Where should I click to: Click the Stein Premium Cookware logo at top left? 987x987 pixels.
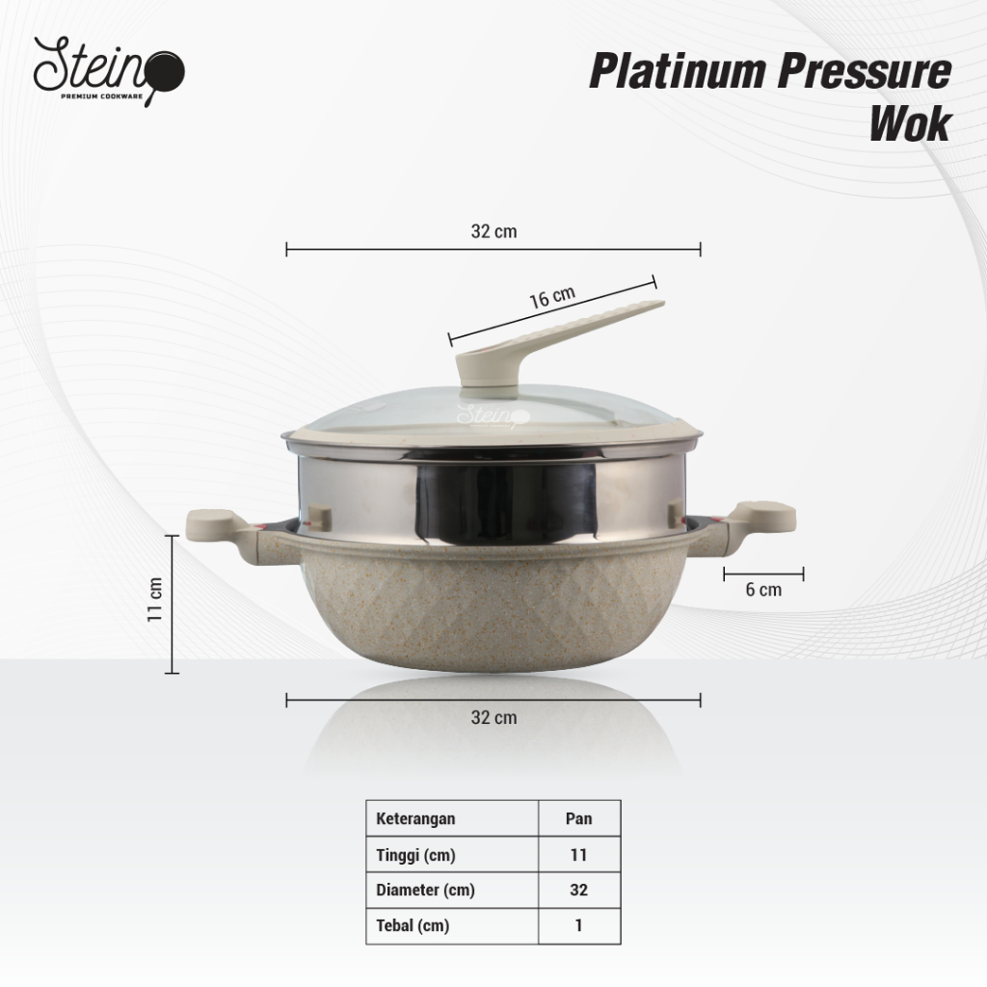point(109,71)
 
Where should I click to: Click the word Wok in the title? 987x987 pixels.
point(910,124)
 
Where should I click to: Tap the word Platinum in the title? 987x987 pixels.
point(678,71)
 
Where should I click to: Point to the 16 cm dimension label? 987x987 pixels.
point(552,297)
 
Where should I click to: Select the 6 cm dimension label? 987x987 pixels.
point(763,590)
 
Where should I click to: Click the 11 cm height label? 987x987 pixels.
point(155,600)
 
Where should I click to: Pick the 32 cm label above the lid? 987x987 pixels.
point(493,231)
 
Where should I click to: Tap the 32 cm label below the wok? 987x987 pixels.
point(493,717)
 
